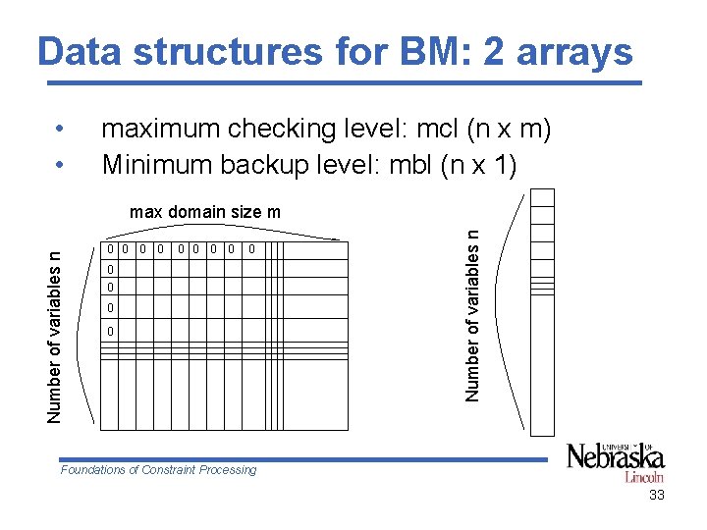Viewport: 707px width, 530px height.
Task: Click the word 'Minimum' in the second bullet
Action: (158, 164)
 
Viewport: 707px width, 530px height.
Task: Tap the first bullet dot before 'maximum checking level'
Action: (61, 130)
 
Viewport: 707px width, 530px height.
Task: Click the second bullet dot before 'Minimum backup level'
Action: (61, 165)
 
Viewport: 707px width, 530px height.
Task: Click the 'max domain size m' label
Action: (205, 212)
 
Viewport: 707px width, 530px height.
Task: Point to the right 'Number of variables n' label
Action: (473, 314)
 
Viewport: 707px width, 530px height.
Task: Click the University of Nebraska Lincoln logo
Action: (616, 461)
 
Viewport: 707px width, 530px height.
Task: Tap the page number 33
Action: (657, 496)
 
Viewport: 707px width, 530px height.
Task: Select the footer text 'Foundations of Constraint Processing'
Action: (158, 470)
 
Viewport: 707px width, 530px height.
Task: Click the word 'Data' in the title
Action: (78, 52)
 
